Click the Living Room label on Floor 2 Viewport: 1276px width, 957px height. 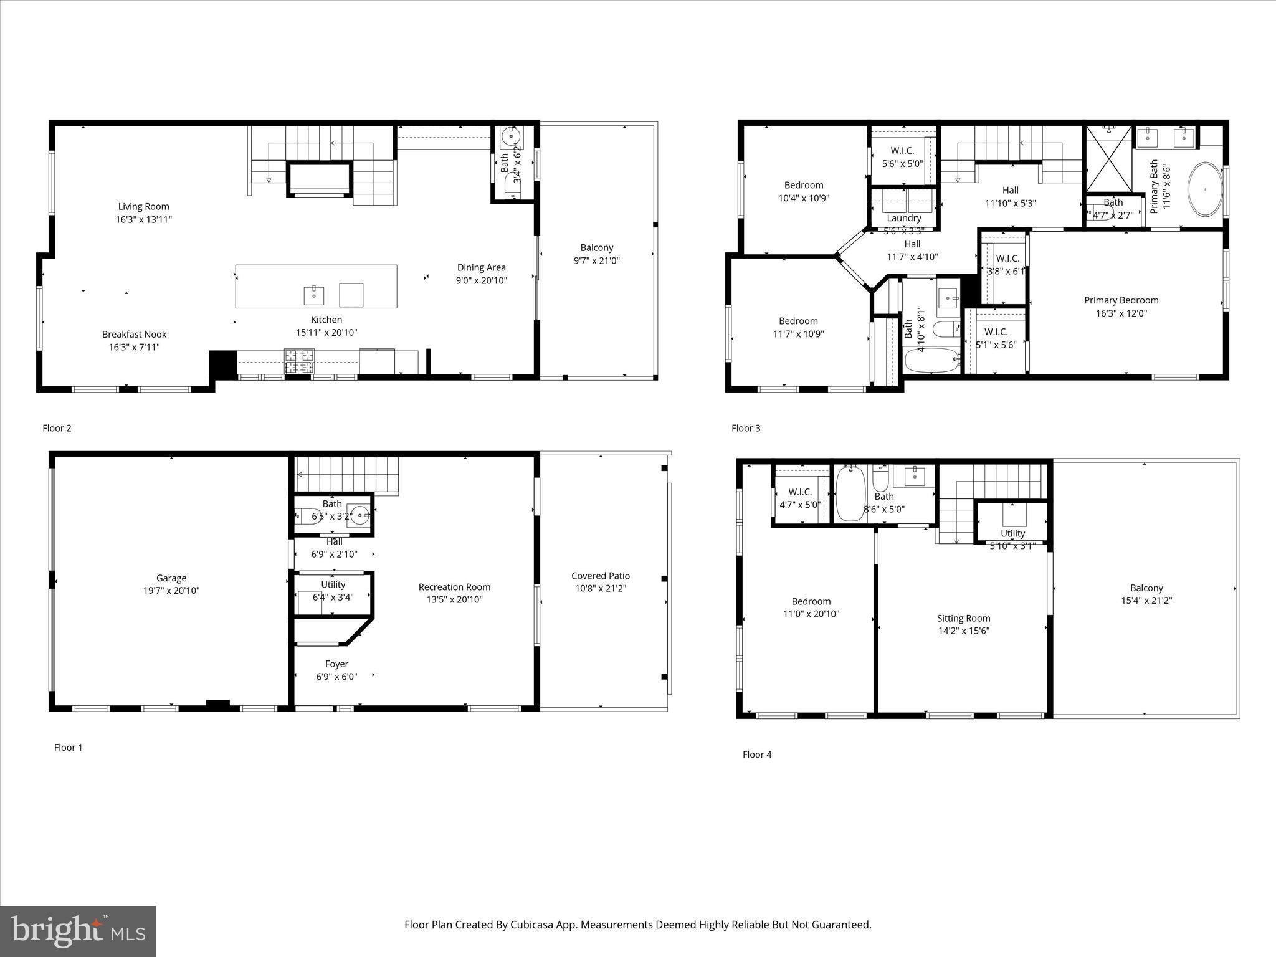(x=143, y=206)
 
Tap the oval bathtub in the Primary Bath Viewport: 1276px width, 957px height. (x=1205, y=189)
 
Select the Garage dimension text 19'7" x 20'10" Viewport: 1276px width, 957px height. (x=171, y=591)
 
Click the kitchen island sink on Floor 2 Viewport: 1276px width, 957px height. (x=313, y=295)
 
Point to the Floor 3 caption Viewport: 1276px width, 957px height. (x=746, y=428)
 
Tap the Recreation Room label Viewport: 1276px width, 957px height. (x=454, y=587)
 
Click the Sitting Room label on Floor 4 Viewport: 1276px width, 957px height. (x=963, y=618)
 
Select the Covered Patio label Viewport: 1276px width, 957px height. (x=601, y=576)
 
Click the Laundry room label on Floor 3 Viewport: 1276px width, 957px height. (x=903, y=218)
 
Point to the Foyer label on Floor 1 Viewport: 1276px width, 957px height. (x=336, y=664)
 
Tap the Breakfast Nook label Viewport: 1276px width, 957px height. (x=135, y=335)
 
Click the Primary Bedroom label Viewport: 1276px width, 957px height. (x=1121, y=300)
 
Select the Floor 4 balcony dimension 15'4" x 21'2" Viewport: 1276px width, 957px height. (x=1146, y=601)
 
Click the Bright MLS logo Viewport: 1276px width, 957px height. (x=78, y=931)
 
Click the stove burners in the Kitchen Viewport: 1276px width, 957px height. (x=300, y=361)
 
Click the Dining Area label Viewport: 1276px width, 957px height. (x=481, y=267)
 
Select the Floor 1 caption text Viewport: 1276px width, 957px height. (x=68, y=747)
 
